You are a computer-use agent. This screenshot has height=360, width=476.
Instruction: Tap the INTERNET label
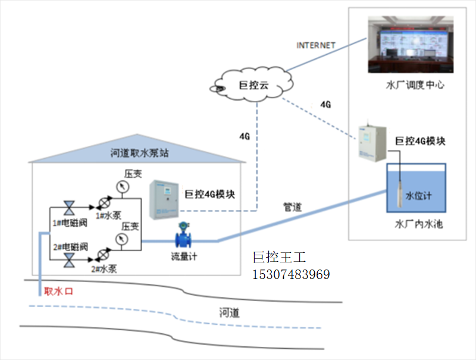(x=316, y=45)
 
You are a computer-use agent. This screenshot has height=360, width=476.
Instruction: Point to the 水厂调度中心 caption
(x=415, y=85)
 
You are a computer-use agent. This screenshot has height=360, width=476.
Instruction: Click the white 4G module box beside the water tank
(x=371, y=143)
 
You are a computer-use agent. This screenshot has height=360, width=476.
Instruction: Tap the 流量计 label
(x=183, y=257)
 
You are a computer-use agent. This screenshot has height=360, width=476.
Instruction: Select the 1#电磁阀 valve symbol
(x=69, y=208)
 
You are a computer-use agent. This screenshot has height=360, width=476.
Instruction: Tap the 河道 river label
(x=228, y=312)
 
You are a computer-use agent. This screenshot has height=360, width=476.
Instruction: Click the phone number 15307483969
(x=292, y=275)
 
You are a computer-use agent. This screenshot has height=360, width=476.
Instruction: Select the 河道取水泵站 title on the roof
(x=140, y=153)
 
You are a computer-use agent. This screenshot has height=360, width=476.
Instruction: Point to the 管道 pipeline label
(x=292, y=207)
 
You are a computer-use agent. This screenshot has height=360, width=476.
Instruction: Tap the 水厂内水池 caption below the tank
(x=419, y=225)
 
